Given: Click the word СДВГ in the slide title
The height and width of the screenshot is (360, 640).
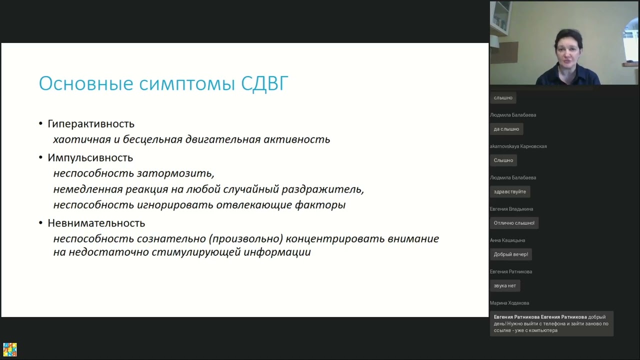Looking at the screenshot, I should (x=264, y=83).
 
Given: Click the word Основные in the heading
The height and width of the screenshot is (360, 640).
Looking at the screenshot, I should (x=86, y=83).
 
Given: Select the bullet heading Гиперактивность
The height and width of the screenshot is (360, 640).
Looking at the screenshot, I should (x=91, y=123).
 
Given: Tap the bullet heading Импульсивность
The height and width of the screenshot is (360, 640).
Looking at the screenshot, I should (x=90, y=157).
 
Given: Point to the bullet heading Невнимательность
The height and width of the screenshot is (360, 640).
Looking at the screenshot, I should (x=96, y=223).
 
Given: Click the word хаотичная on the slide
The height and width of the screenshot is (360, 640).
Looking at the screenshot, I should (x=77, y=139).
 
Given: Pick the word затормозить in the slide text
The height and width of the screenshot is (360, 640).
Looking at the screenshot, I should (x=175, y=173).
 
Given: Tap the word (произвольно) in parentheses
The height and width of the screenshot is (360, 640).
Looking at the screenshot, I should (x=246, y=239).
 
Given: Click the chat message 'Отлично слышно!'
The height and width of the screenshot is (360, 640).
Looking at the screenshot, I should (x=514, y=223).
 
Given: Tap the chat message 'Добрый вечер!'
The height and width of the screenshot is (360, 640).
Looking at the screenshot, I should (x=510, y=254).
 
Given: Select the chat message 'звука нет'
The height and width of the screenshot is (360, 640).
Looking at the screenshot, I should (x=504, y=286).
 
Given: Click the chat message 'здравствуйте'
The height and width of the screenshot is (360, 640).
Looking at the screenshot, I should (x=509, y=192).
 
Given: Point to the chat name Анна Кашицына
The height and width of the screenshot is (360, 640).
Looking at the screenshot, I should (x=507, y=240).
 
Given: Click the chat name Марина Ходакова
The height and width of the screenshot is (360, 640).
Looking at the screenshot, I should (x=509, y=303).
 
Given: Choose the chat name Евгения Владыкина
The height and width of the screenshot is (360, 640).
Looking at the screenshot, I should (x=511, y=209).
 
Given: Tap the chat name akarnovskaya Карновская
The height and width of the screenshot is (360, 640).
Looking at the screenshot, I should (x=518, y=146).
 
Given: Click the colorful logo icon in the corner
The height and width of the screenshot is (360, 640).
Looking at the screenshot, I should (x=10, y=349).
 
